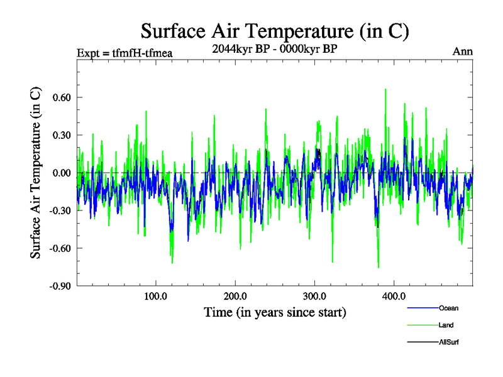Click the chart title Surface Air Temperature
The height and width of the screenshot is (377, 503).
(275, 31)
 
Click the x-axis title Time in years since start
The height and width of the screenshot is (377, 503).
(275, 312)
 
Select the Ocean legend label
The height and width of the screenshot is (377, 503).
(448, 308)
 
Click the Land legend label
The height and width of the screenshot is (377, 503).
(446, 325)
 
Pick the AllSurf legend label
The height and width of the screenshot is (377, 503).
(450, 342)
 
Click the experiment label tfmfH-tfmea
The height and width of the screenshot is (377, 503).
(124, 52)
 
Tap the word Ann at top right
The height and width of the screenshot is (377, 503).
(462, 52)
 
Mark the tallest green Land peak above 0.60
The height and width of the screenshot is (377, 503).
(385, 90)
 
